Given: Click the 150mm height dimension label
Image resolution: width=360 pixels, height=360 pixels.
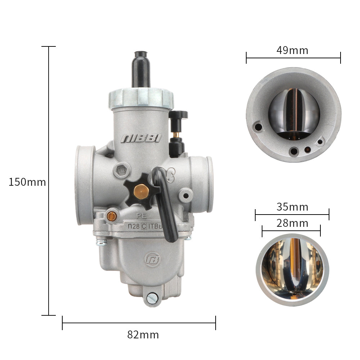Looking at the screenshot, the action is click(27, 182).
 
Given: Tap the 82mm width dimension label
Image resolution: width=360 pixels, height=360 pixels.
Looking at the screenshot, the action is click(143, 335).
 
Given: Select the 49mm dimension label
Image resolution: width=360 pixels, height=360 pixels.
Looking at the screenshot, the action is click(292, 50).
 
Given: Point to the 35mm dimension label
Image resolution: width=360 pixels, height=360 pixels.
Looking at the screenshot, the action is click(292, 207).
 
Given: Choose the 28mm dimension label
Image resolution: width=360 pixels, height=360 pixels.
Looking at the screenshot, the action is click(292, 223).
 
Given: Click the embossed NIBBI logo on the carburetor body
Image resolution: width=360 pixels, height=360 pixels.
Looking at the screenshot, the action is click(141, 139).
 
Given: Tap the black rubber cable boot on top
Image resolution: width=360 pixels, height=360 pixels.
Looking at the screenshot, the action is click(141, 69).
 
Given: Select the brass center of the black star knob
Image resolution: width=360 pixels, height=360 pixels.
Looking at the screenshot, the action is click(141, 192).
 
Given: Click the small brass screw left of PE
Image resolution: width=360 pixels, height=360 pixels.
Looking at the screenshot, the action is click(112, 216).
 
